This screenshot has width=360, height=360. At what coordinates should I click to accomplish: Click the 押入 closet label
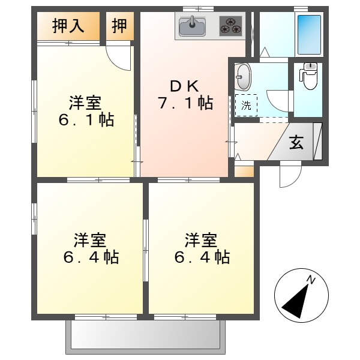pyautogui.click(x=68, y=26)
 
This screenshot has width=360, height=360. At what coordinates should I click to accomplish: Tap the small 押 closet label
pyautogui.click(x=120, y=26)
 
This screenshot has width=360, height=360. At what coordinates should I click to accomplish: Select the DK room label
pyautogui.click(x=185, y=84)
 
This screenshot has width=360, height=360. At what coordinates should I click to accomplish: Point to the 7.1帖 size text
pyautogui.click(x=185, y=103)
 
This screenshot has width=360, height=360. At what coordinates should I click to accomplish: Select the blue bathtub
pyautogui.click(x=309, y=33)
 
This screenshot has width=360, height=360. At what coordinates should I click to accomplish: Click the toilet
pyautogui.click(x=310, y=76)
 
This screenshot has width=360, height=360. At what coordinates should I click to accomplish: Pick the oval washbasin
pyautogui.click(x=243, y=77)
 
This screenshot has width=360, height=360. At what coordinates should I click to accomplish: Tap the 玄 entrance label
pyautogui.click(x=296, y=143)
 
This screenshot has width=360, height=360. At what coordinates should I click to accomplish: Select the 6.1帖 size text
pyautogui.click(x=86, y=119)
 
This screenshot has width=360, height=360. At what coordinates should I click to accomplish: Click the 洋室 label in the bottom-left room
pyautogui.click(x=91, y=241)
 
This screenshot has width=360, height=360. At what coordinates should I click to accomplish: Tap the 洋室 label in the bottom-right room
pyautogui.click(x=201, y=241)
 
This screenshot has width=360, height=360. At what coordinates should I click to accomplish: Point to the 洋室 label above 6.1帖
pyautogui.click(x=86, y=101)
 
